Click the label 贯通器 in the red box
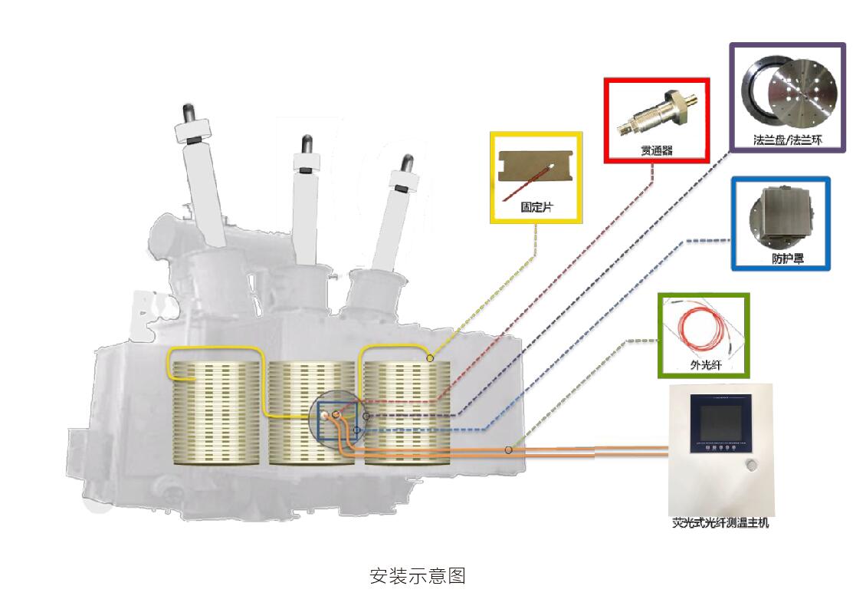click(x=656, y=151)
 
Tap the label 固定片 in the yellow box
click(x=536, y=208)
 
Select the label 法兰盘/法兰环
click(x=787, y=140)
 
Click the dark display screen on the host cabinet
click(x=716, y=422)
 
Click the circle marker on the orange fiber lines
click(x=509, y=449)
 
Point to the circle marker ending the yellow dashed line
click(x=430, y=358)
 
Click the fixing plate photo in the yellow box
click(x=536, y=174)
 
